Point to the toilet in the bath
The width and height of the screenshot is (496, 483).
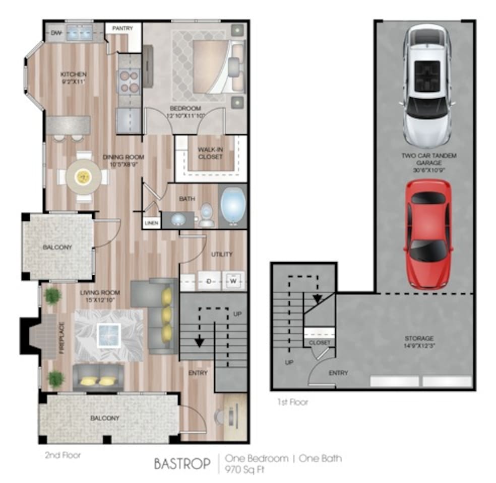click(x=206, y=215)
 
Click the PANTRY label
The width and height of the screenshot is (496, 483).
click(x=122, y=29)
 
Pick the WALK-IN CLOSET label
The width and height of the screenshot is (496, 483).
click(x=211, y=153)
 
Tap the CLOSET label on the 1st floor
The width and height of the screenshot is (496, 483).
click(x=320, y=343)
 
